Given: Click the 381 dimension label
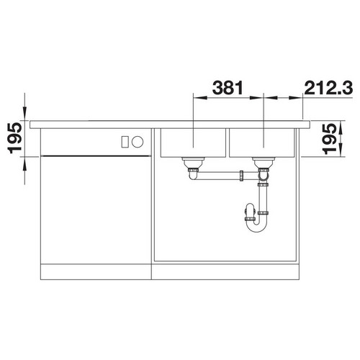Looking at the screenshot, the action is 228,87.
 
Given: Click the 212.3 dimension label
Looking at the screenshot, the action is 328,87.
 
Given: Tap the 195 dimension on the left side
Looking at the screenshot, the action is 15,138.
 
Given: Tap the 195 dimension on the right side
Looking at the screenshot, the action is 330,139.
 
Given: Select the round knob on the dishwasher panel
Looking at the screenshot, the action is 138,142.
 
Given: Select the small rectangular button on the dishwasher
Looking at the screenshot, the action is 125,142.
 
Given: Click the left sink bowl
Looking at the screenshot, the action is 193,143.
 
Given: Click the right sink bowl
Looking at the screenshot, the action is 262,143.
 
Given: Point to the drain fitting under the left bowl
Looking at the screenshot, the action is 193,163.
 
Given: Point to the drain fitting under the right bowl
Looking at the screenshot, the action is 264,163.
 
